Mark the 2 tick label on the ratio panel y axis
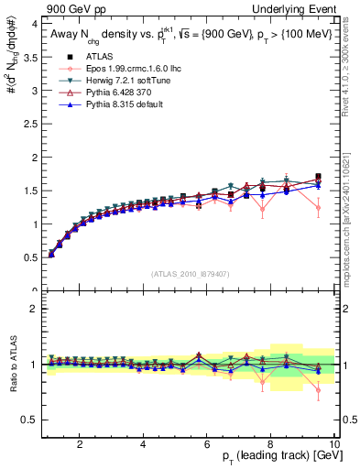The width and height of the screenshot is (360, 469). pyautogui.click(x=34, y=309)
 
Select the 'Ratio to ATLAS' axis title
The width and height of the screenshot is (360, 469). pyautogui.click(x=12, y=365)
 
